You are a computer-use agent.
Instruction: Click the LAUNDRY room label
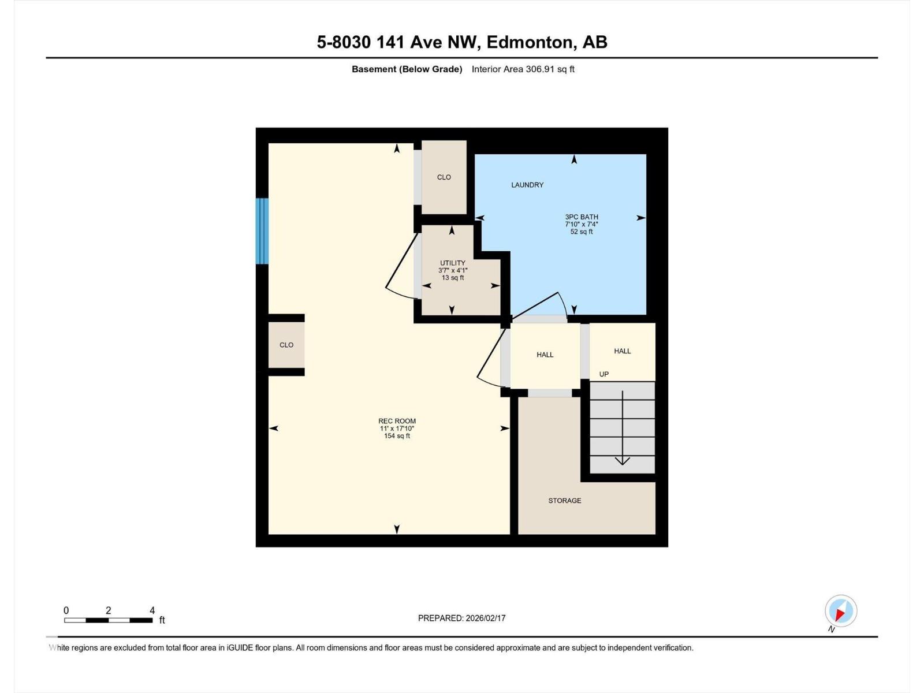527,185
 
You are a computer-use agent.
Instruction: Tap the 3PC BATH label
582,217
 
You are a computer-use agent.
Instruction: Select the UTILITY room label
453,263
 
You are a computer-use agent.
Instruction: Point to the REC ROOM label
397,421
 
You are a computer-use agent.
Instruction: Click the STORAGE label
564,500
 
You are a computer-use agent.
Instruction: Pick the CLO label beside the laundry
444,177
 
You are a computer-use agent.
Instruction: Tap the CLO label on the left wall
286,345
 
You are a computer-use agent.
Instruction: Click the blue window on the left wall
262,231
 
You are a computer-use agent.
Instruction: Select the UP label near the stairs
603,374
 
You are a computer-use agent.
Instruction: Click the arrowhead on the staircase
622,461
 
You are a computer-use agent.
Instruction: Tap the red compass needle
840,614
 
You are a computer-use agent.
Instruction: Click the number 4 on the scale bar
152,610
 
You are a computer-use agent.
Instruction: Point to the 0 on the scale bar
66,610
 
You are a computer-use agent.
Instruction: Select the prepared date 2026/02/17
485,618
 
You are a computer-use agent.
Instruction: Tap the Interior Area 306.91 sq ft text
523,69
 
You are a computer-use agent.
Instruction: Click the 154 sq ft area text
397,436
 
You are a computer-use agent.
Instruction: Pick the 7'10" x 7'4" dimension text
582,224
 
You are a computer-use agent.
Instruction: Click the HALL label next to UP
622,351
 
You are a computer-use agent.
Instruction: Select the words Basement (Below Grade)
407,69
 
